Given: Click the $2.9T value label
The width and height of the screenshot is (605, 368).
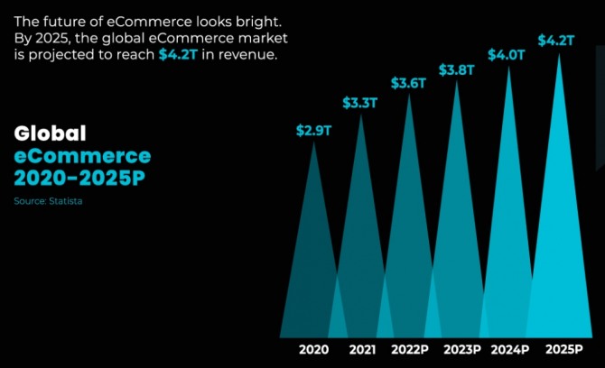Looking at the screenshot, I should click(314, 130).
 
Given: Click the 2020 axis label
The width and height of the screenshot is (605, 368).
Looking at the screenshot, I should click(314, 349).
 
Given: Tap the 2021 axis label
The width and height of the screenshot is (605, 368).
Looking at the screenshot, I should click(362, 349).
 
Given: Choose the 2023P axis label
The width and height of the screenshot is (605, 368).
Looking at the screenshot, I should click(461, 349).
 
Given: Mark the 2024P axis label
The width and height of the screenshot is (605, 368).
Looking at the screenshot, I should click(511, 349).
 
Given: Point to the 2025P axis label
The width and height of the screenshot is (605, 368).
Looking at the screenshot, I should click(562, 349).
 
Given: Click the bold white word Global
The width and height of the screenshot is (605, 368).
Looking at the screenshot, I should click(51, 133).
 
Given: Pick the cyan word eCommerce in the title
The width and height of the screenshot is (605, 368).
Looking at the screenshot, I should click(82, 154).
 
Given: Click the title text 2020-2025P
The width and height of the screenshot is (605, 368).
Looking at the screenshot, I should click(79, 176).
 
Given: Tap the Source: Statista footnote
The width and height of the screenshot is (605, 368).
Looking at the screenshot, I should click(48, 200).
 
